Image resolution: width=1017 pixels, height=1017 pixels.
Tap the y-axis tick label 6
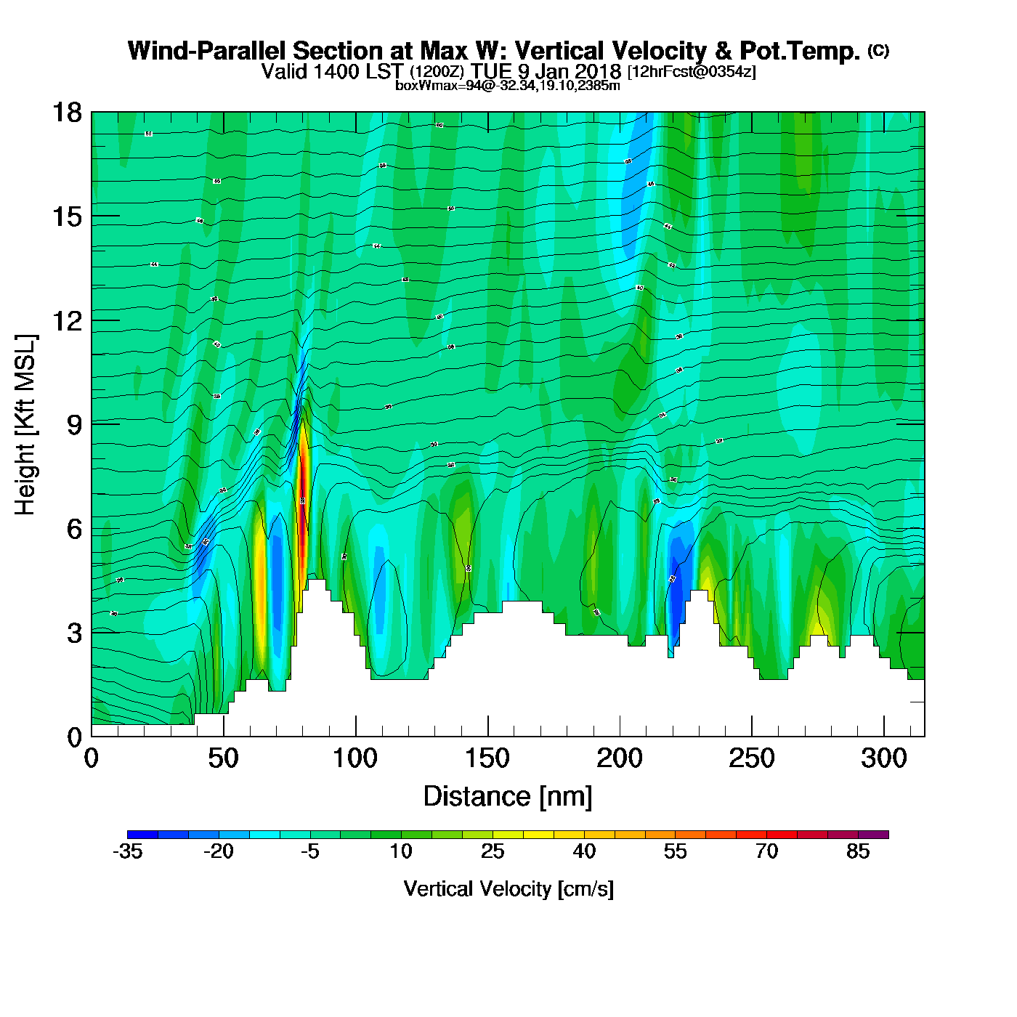pos(74,529)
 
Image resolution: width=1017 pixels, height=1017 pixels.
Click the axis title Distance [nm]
pos(508,796)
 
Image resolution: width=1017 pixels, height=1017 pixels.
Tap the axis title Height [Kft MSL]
pos(25,425)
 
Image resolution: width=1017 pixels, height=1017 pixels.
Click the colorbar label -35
pos(127,851)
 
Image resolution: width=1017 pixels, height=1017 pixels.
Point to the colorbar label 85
pos(858,851)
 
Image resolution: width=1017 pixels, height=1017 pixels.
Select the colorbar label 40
pos(584,851)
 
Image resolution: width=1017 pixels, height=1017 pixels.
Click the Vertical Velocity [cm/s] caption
pos(508,888)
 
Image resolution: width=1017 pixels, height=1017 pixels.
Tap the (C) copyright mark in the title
pos(878,50)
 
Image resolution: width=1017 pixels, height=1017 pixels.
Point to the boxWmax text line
pos(508,86)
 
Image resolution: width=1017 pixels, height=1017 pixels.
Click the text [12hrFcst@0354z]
pos(692,71)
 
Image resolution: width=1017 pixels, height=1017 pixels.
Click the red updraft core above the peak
pos(302,508)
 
